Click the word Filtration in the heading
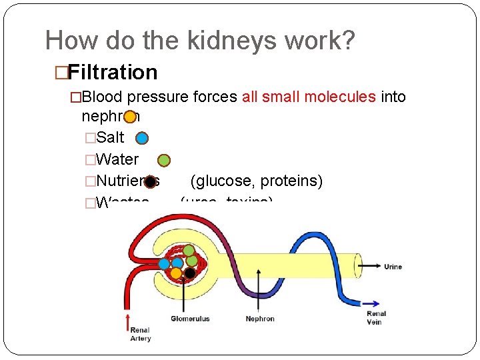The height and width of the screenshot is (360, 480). (x=113, y=72)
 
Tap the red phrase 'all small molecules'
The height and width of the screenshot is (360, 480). (x=309, y=97)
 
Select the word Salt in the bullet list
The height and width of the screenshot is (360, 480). (x=110, y=138)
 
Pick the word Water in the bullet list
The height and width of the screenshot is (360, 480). (x=117, y=159)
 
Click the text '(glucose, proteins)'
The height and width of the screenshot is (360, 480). (x=257, y=181)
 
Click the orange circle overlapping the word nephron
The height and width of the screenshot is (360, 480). (x=130, y=117)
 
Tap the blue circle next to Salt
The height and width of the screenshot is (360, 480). (x=142, y=138)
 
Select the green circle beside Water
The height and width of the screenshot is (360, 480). (x=164, y=160)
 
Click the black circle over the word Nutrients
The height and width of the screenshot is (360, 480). (x=151, y=181)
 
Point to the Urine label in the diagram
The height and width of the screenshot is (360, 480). (x=393, y=267)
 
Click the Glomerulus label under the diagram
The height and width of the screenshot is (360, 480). (x=190, y=319)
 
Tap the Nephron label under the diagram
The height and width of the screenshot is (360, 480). (x=259, y=319)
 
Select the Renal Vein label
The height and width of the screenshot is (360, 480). (x=377, y=317)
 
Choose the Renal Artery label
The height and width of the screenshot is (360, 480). (x=141, y=334)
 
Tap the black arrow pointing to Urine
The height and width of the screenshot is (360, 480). (x=369, y=266)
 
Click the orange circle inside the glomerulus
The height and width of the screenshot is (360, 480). (x=176, y=273)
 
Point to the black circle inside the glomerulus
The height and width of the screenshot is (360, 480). (x=190, y=273)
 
